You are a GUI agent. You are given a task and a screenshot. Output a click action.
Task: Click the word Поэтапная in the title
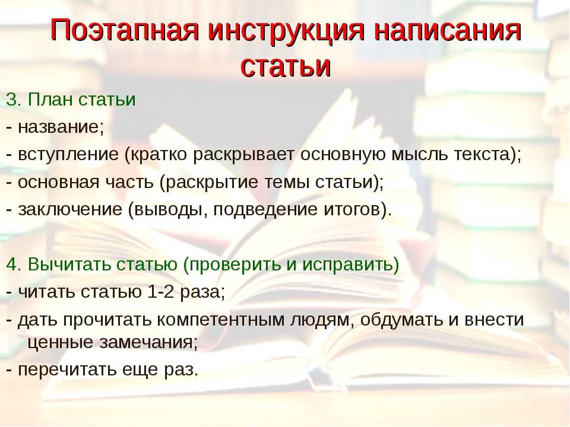pos(124,30)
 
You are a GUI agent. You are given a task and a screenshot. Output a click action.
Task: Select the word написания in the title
pos(448,30)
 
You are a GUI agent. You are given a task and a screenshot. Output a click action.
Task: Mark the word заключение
pos(70,210)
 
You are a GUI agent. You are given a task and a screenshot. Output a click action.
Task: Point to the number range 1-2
pos(161,292)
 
